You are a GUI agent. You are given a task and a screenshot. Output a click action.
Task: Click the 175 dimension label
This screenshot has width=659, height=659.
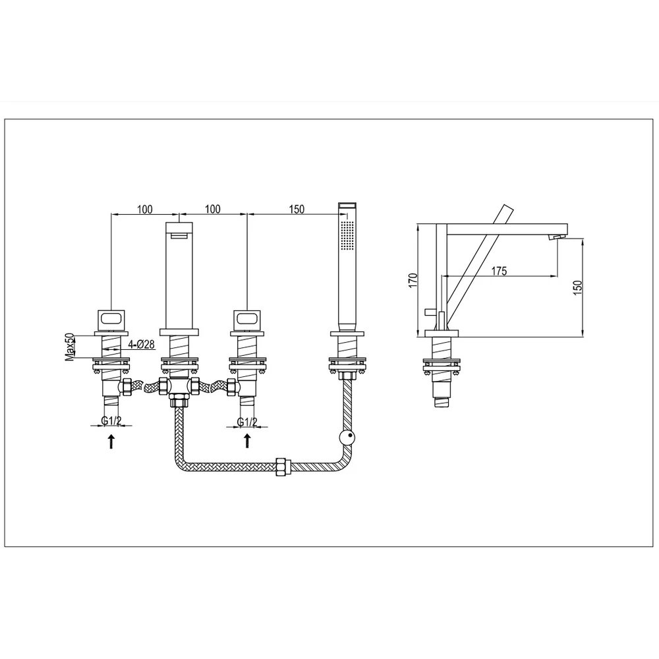pos(499,271)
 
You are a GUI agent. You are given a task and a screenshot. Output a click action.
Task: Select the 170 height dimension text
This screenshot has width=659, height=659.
pos(413,280)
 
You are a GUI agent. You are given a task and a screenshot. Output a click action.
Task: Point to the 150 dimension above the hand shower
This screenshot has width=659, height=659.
pos(297,209)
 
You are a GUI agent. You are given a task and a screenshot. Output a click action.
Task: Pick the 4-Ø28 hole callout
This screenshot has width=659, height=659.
pos(141,345)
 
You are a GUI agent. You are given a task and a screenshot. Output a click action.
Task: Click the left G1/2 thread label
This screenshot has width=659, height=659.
pos(111,420)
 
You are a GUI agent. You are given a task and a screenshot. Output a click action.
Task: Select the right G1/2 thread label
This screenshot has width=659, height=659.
pos(247,422)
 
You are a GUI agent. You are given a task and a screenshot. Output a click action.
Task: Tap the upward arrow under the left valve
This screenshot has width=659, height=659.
pos(111,442)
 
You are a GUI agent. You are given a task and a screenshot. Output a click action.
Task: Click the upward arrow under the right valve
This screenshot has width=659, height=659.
pos(247,442)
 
